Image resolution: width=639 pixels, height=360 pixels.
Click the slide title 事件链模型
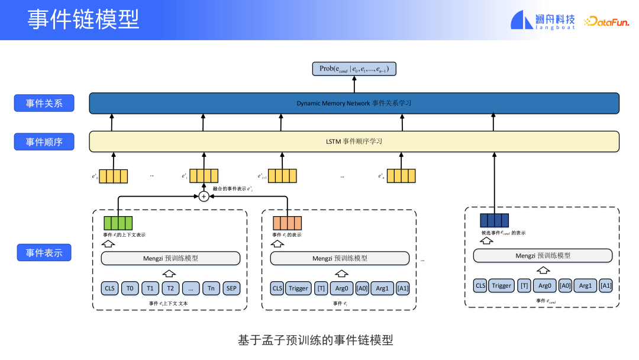pos(83,20)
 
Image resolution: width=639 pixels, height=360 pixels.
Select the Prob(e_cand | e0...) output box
pos(354,69)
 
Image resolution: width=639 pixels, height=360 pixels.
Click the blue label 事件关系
pos(44,103)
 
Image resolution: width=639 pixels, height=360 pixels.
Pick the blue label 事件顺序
pos(44,142)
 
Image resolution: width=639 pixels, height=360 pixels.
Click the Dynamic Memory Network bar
pos(354,103)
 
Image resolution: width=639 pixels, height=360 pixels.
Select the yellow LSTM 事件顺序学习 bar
pos(354,142)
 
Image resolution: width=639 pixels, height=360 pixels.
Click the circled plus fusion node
pos(204,196)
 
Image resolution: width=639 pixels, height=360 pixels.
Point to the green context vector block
pos(118,223)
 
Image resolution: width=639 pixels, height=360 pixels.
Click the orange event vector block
pos(287,223)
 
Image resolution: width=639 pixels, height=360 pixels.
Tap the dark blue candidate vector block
pos(494,220)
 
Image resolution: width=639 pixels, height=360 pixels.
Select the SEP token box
pos(231,288)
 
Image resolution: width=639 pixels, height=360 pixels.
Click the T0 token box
pos(130,288)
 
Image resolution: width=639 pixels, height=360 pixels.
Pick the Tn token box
pos(211,288)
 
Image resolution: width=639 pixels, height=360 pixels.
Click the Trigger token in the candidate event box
pos(501,285)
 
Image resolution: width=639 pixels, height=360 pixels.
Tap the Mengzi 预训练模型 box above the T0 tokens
pos(170,258)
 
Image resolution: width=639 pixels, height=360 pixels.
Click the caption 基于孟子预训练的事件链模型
pos(315,340)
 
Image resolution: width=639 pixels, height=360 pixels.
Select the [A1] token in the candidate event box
pos(605,285)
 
